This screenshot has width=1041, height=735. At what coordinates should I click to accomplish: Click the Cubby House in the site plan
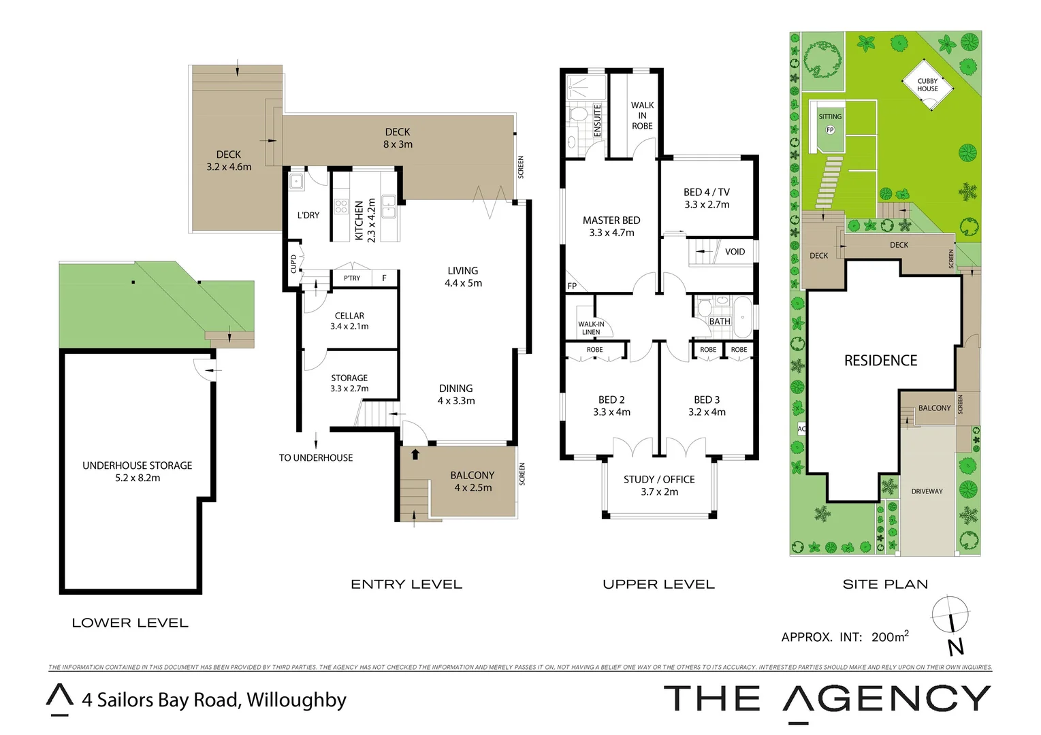(x=927, y=85)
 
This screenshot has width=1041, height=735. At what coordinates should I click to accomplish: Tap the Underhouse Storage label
(x=137, y=465)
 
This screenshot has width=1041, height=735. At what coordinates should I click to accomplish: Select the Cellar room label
(x=349, y=316)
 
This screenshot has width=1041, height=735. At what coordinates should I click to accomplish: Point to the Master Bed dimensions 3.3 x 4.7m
(x=611, y=233)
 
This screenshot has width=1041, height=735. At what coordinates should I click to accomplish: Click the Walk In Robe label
(x=642, y=116)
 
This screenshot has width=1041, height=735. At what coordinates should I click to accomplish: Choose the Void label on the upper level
(x=735, y=252)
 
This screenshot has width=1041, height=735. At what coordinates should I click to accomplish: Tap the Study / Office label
(x=659, y=480)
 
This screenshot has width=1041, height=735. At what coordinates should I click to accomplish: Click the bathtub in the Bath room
(x=742, y=316)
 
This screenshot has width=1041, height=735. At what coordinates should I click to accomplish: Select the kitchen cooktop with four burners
(x=341, y=207)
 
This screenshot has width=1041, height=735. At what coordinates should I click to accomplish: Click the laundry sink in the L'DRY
(x=296, y=181)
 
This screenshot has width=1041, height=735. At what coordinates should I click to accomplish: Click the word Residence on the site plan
(x=880, y=361)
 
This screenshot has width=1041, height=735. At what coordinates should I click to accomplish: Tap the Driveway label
(x=927, y=491)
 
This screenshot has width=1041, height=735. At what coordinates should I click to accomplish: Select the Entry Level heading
(x=406, y=585)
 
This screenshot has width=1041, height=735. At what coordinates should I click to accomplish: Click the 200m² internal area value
(x=890, y=637)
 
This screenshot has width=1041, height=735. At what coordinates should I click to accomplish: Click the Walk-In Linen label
(x=591, y=328)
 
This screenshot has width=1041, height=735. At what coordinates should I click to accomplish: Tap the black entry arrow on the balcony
(x=415, y=454)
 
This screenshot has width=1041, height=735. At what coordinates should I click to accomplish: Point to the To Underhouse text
(x=316, y=458)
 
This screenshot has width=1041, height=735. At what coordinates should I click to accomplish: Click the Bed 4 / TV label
(x=707, y=193)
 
